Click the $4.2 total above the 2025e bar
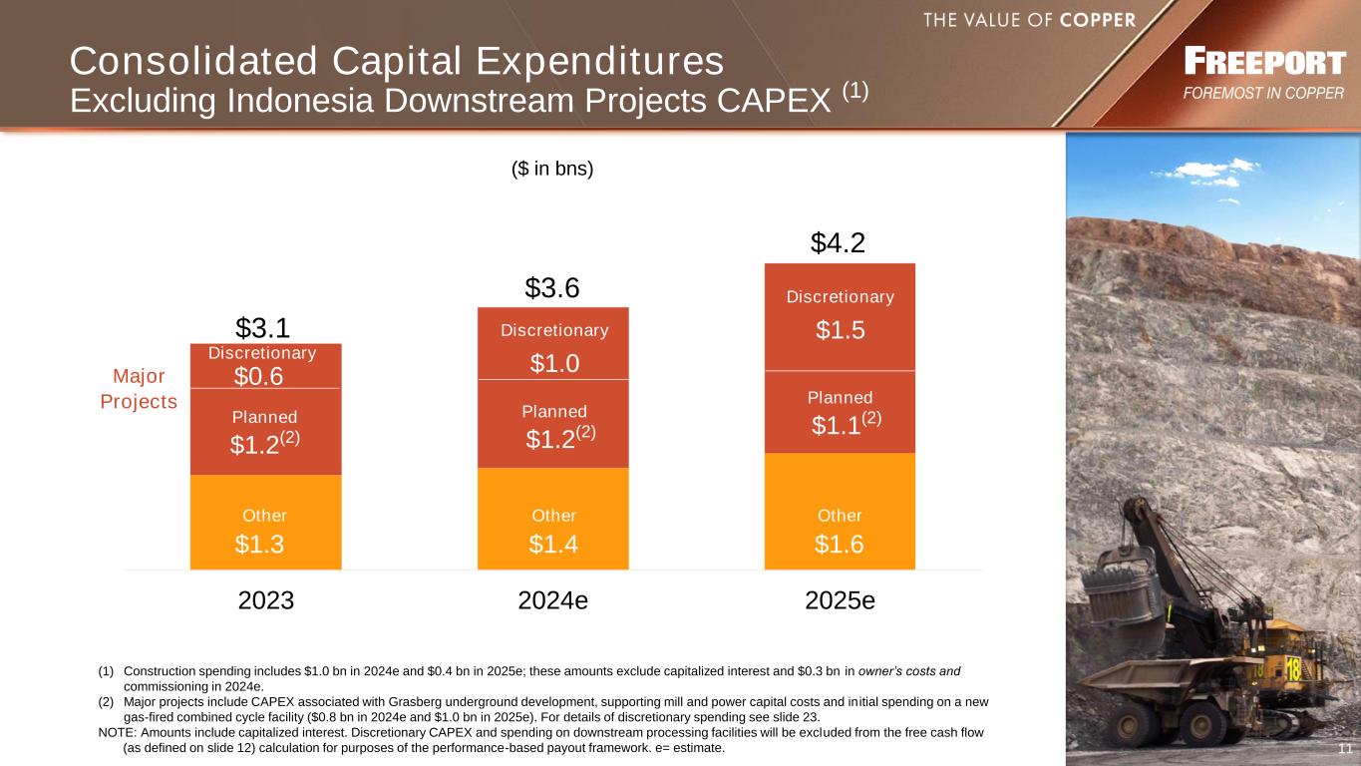pos(837,243)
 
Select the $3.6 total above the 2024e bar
pos(552,289)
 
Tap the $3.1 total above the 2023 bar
pos(262,327)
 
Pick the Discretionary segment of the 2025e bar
pos(840,315)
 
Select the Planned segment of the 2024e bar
pos(553,423)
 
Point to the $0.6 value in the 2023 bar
pos(258,376)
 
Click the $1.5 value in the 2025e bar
pos(840,331)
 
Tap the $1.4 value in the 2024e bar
pos(553,544)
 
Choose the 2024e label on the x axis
pos(553,601)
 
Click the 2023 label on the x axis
pos(266,601)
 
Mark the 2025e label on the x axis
pos(840,601)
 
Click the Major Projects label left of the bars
pos(139,389)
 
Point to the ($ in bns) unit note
pos(552,169)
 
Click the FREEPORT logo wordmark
pos(1264,63)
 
